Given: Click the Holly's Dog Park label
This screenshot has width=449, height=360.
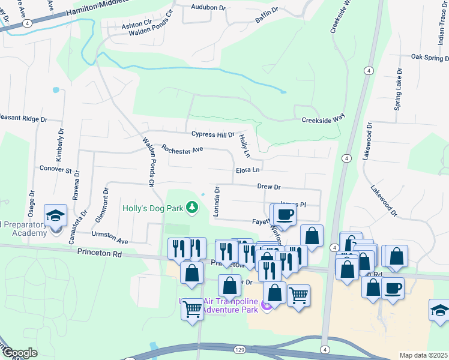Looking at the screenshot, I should point(152,209).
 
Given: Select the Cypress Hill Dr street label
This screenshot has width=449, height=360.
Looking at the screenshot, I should point(213,135).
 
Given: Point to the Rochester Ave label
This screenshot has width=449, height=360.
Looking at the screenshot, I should point(182,149).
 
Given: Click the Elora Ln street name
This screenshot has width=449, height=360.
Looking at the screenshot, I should point(248,170).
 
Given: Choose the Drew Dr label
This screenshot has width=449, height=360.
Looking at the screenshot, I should point(269,187).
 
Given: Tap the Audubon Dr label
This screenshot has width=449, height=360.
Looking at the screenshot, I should point(208,8).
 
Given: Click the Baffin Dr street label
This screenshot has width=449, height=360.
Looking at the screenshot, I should point(267,15).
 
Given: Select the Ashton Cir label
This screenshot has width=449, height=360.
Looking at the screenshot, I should point(137,26).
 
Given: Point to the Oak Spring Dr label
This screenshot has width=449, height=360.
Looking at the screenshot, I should point(429,57).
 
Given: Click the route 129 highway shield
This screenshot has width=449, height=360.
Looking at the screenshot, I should point(240,349).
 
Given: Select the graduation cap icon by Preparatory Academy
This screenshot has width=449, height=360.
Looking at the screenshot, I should point(55,214).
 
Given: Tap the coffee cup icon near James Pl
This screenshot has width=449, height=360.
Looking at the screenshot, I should point(286,214).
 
